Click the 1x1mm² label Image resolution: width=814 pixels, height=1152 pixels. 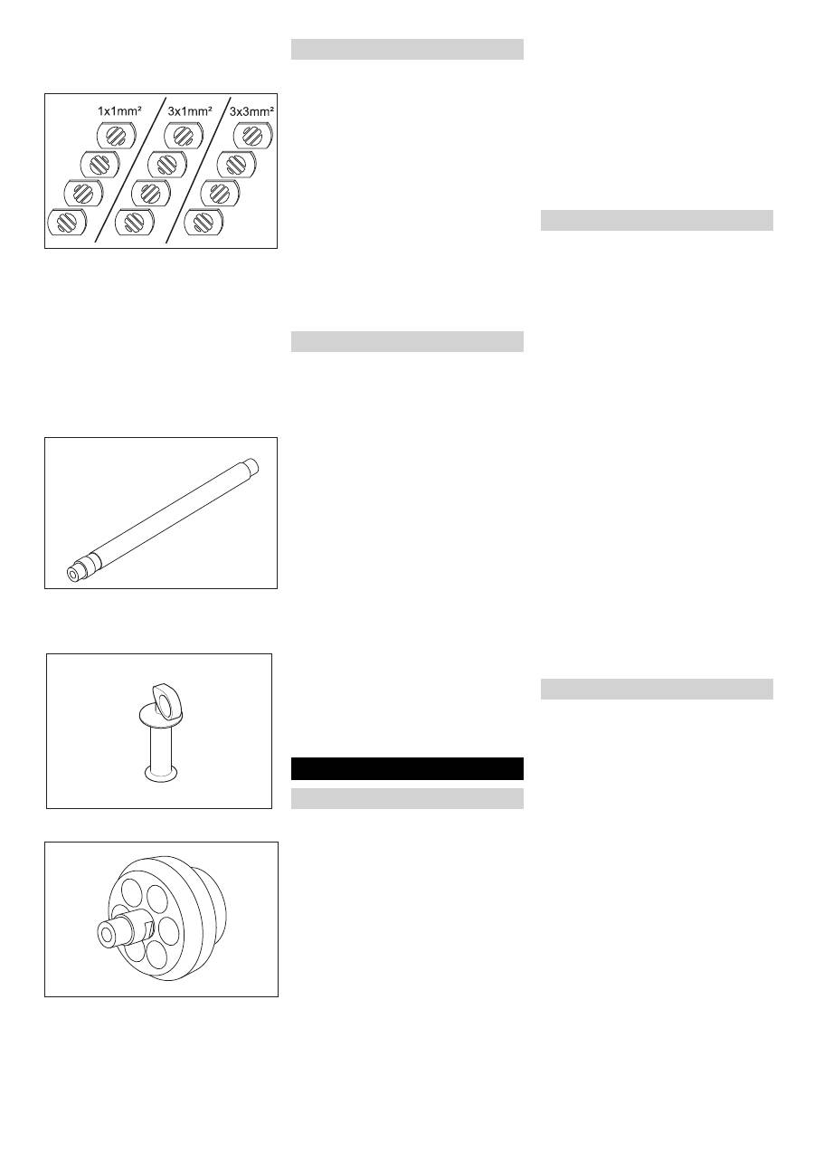tap(119, 110)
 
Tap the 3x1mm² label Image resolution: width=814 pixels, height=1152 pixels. tap(190, 110)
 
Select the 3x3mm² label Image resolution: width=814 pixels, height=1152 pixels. tap(252, 110)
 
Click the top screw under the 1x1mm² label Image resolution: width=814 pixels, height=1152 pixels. tap(116, 137)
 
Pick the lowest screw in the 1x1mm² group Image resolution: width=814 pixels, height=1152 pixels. tap(66, 222)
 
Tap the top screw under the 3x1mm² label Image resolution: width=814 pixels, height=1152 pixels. tap(184, 137)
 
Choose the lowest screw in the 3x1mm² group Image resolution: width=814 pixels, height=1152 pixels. tap(134, 222)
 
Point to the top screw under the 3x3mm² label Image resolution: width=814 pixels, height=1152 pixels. tap(252, 137)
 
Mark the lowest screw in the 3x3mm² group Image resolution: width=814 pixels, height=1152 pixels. tap(202, 222)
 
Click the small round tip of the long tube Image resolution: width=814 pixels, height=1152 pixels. tap(71, 573)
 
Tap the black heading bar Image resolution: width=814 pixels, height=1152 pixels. tap(407, 768)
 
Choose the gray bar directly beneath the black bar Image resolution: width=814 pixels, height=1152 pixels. tap(407, 798)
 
